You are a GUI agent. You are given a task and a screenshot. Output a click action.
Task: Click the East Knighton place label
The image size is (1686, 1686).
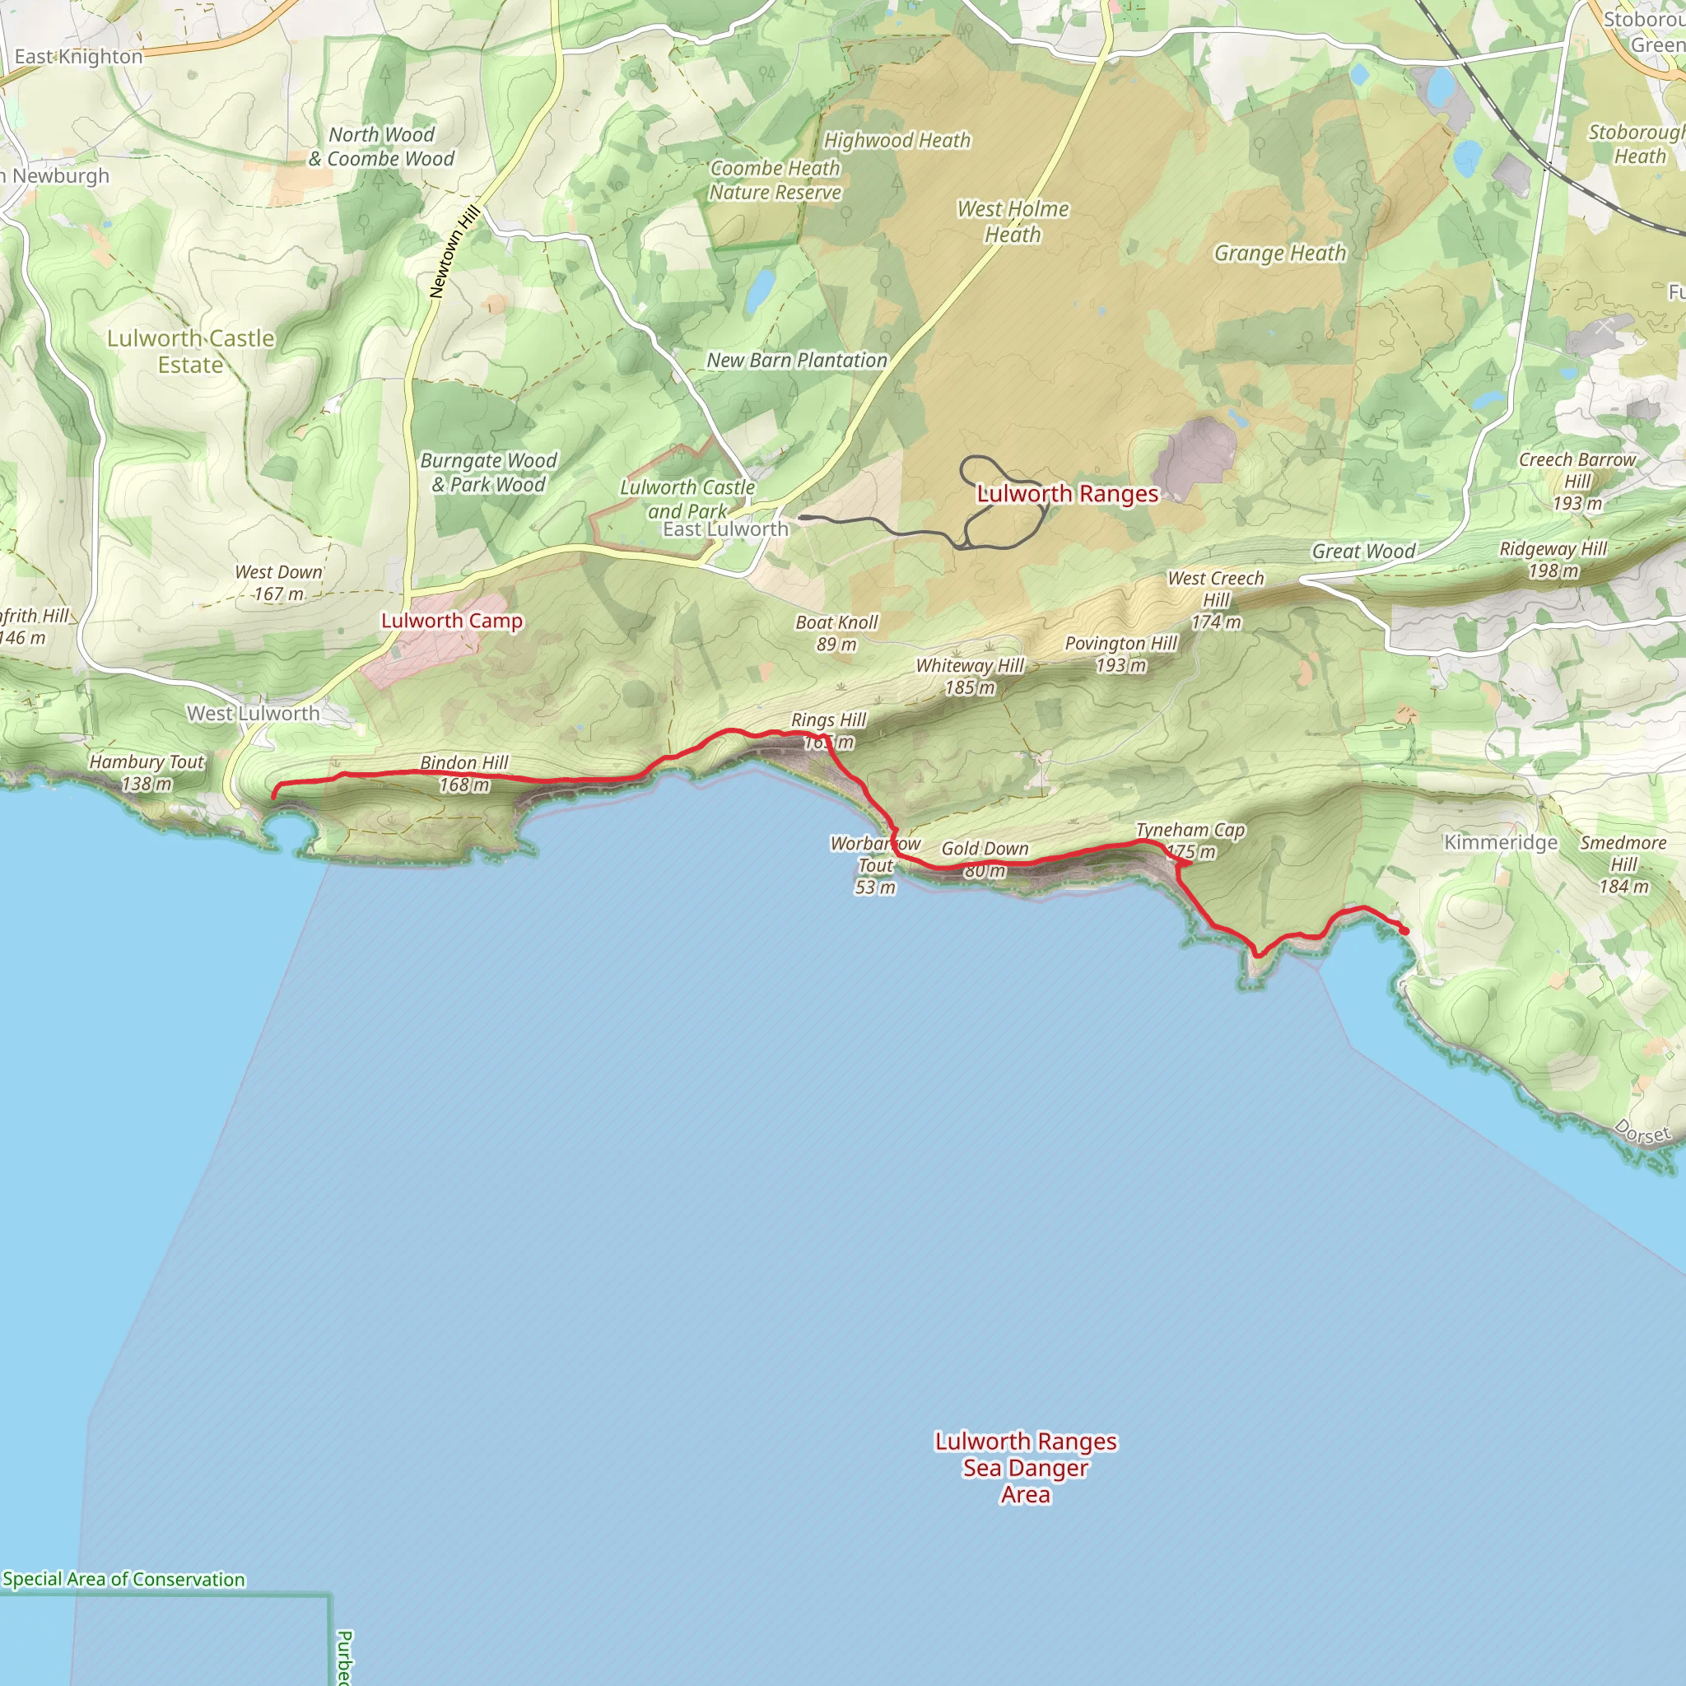pos(78,57)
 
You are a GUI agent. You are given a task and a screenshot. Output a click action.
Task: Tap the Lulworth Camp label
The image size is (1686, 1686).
pos(451,621)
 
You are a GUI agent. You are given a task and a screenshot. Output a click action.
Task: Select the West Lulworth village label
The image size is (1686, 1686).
pos(253,713)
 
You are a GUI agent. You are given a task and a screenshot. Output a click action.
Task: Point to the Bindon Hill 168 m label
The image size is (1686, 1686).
pos(463,773)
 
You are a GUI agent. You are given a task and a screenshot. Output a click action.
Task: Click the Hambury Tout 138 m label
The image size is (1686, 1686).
pos(147,772)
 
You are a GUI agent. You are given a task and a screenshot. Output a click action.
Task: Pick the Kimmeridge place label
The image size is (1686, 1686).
pos(1500,842)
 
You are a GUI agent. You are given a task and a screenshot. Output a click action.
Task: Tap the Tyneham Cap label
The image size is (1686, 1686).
pos(1190,830)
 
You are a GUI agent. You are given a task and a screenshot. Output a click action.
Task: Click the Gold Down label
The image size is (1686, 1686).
pos(985,848)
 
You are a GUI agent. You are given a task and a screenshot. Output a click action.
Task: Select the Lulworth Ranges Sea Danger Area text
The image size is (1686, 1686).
pos(1026,1468)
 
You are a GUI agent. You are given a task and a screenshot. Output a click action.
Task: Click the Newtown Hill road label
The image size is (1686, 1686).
pos(454,252)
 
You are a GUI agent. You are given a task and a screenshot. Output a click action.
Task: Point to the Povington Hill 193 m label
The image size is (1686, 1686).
pos(1120,654)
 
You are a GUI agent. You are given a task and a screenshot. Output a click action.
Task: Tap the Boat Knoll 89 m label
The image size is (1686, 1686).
pos(836,633)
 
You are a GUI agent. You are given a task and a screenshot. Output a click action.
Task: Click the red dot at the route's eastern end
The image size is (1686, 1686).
pos(1404,931)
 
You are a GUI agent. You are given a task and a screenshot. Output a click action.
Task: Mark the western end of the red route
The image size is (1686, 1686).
pos(274,796)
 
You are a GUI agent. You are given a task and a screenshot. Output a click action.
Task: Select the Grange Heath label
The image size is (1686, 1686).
pos(1279,253)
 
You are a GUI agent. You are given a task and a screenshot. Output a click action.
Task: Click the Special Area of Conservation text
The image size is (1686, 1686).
pos(124,1580)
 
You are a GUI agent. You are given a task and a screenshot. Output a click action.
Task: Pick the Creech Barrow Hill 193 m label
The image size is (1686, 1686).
pos(1577,481)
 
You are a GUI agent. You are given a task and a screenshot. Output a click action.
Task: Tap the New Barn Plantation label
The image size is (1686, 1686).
pos(796,360)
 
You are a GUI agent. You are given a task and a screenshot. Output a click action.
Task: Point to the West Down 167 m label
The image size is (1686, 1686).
pos(278,583)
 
